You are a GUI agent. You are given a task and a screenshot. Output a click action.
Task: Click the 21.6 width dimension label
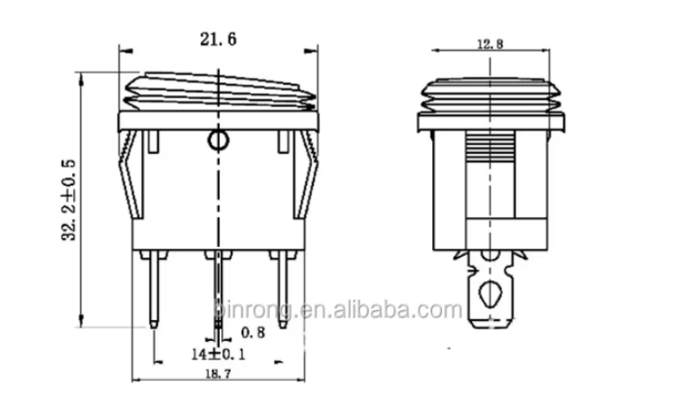tap(218, 40)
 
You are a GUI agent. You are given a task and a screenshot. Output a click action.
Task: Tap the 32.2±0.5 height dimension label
tap(69, 200)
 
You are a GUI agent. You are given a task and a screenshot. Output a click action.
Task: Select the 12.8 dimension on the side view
tap(491, 44)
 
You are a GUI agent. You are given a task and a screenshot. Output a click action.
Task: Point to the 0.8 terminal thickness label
tap(253, 332)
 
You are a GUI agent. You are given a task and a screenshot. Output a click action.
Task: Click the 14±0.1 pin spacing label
tap(218, 354)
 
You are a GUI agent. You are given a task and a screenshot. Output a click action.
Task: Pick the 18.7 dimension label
tap(217, 373)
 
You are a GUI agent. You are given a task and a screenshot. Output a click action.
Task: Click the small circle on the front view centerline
tap(218, 139)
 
